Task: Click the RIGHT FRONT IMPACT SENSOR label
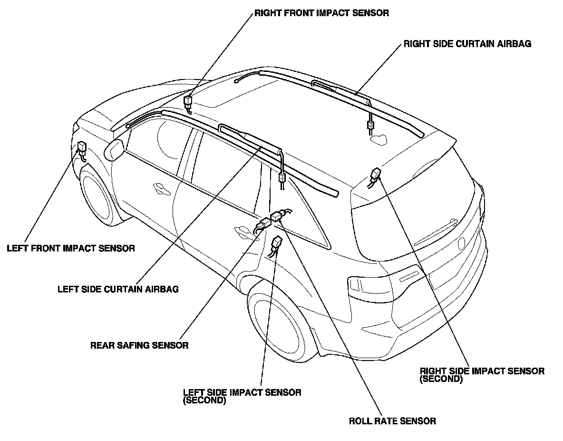321,13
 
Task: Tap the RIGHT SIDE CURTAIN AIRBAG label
467,44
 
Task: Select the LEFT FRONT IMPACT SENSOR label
71,248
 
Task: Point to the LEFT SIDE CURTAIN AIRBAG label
118,289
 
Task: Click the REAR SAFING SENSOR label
139,345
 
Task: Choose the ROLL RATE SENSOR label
392,421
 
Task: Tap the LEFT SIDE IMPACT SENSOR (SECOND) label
242,396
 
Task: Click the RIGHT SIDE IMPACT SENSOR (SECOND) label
482,374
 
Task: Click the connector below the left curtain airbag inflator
281,179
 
